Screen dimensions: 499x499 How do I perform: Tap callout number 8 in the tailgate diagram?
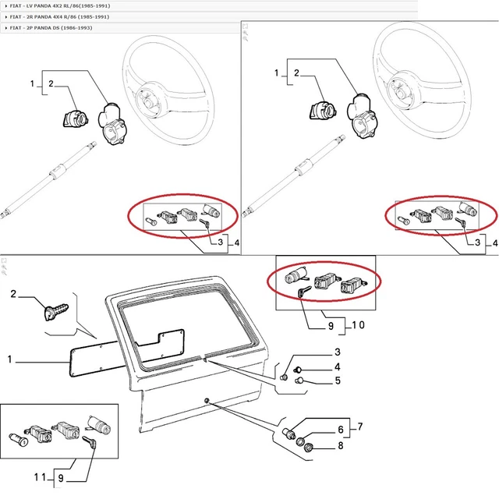pyautogui.click(x=340, y=447)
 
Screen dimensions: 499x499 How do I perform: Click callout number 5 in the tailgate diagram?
pyautogui.click(x=338, y=381)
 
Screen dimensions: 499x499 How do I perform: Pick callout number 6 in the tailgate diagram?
pyautogui.click(x=340, y=429)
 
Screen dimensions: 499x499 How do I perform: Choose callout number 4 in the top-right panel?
pyautogui.click(x=494, y=243)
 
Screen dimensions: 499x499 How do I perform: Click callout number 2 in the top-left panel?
pyautogui.click(x=50, y=83)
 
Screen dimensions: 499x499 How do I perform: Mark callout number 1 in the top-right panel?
pyautogui.click(x=276, y=73)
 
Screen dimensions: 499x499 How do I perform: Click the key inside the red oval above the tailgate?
pyautogui.click(x=304, y=291)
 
